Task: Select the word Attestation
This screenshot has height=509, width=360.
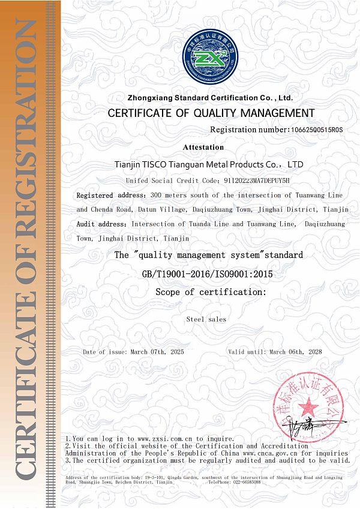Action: point(203,147)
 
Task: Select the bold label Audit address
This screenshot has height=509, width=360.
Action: point(103,224)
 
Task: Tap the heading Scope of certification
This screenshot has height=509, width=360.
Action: point(210,292)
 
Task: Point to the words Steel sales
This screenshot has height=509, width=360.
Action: point(206,320)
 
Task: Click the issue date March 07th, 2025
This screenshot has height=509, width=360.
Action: point(158,352)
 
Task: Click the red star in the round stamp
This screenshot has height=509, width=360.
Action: point(308,406)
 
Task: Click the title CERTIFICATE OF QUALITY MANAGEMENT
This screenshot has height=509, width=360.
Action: point(210,113)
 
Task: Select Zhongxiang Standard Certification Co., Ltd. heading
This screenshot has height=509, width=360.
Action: point(210,97)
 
